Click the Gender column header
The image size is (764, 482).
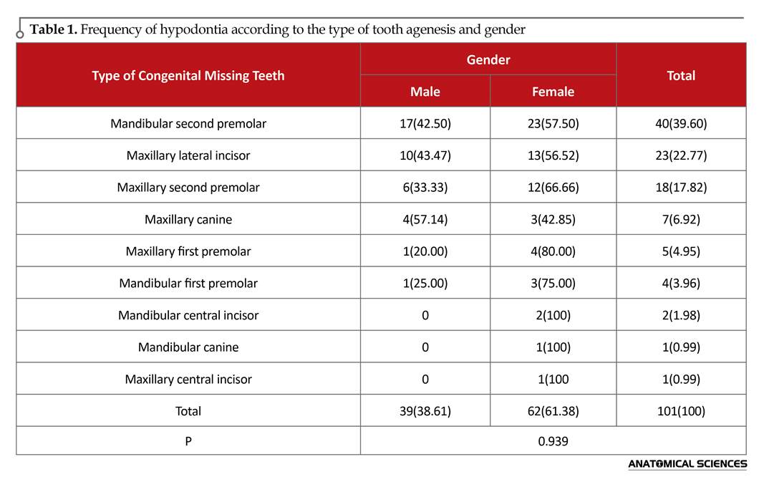[x=488, y=59]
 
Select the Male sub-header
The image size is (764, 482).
[x=425, y=92]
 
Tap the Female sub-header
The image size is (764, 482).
[x=553, y=92]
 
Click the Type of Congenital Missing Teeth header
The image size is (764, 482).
[x=188, y=75]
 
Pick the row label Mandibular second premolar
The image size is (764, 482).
[x=188, y=123]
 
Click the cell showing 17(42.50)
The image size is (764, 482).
[x=425, y=123]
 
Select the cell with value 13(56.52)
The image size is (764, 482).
[x=553, y=155]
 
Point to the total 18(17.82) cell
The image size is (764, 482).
[x=681, y=187]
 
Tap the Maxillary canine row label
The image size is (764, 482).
[x=188, y=219]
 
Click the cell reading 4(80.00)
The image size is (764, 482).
[x=553, y=251]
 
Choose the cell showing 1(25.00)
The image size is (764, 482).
[x=425, y=283]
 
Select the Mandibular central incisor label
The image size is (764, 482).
[x=188, y=315]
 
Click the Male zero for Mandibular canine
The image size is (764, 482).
[x=425, y=347]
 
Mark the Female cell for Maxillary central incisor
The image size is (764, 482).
[x=553, y=379]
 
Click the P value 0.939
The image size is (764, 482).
[x=553, y=441]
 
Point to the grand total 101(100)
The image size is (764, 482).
[x=681, y=411]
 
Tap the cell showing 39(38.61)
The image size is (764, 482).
[x=425, y=411]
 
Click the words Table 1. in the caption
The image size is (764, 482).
[x=54, y=29]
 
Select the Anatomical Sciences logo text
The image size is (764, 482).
[x=687, y=464]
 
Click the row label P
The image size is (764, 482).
[x=188, y=441]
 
